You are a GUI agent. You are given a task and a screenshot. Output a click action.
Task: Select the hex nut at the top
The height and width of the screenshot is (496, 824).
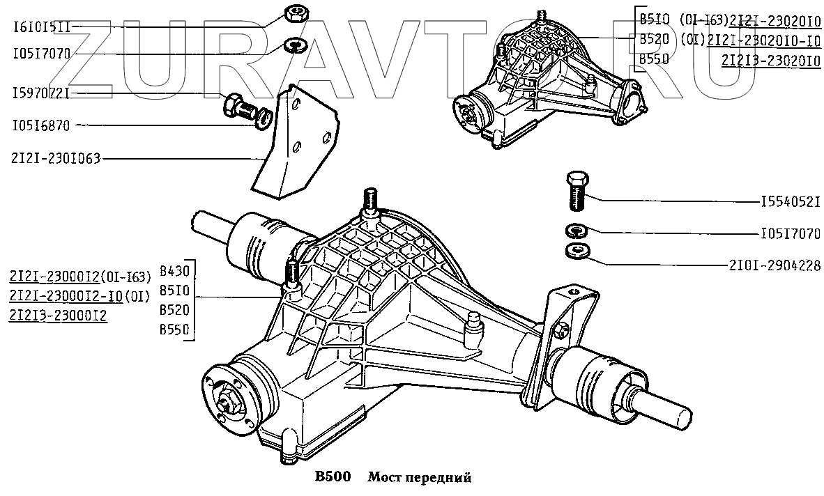pyautogui.click(x=293, y=14)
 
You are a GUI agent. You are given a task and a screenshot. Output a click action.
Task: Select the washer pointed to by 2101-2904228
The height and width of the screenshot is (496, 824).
pyautogui.click(x=576, y=249)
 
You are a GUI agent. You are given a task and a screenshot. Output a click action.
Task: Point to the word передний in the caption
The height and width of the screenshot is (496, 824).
pyautogui.click(x=444, y=478)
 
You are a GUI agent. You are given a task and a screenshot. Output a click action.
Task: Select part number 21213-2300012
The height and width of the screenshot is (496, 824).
pyautogui.click(x=58, y=315)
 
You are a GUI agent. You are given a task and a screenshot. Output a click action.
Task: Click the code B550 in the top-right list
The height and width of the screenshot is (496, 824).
pyautogui.click(x=654, y=59)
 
